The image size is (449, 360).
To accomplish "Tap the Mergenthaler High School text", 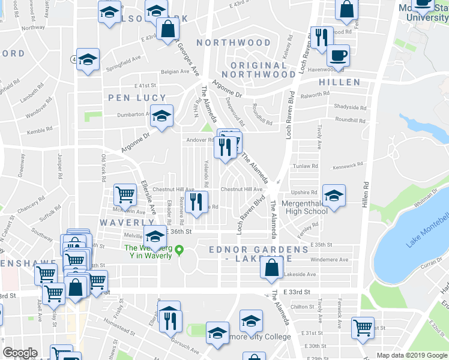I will pos(307,207).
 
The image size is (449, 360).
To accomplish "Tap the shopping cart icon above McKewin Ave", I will pos(125,194).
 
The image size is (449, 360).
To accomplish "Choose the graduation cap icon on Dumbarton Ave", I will pos(161,115).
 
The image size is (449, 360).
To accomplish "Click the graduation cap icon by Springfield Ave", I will pos(88,59).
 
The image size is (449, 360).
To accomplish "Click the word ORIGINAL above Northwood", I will pos(259,65).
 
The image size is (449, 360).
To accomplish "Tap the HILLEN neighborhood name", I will pos(339,82).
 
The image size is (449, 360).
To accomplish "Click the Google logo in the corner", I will pos(20,353).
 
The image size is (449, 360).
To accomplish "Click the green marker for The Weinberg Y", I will pos(178,251).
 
